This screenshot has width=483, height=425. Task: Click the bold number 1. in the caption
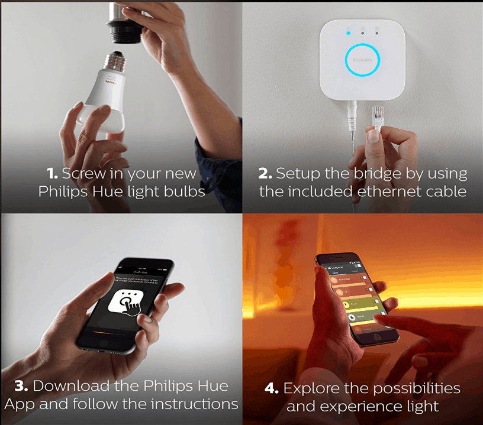coord(53,174)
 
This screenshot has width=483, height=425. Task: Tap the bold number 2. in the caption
coord(265,174)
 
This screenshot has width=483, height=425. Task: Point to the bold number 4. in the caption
coord(272,388)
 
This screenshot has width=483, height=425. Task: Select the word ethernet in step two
coord(385,192)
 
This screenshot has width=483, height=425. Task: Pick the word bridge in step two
coord(383,174)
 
